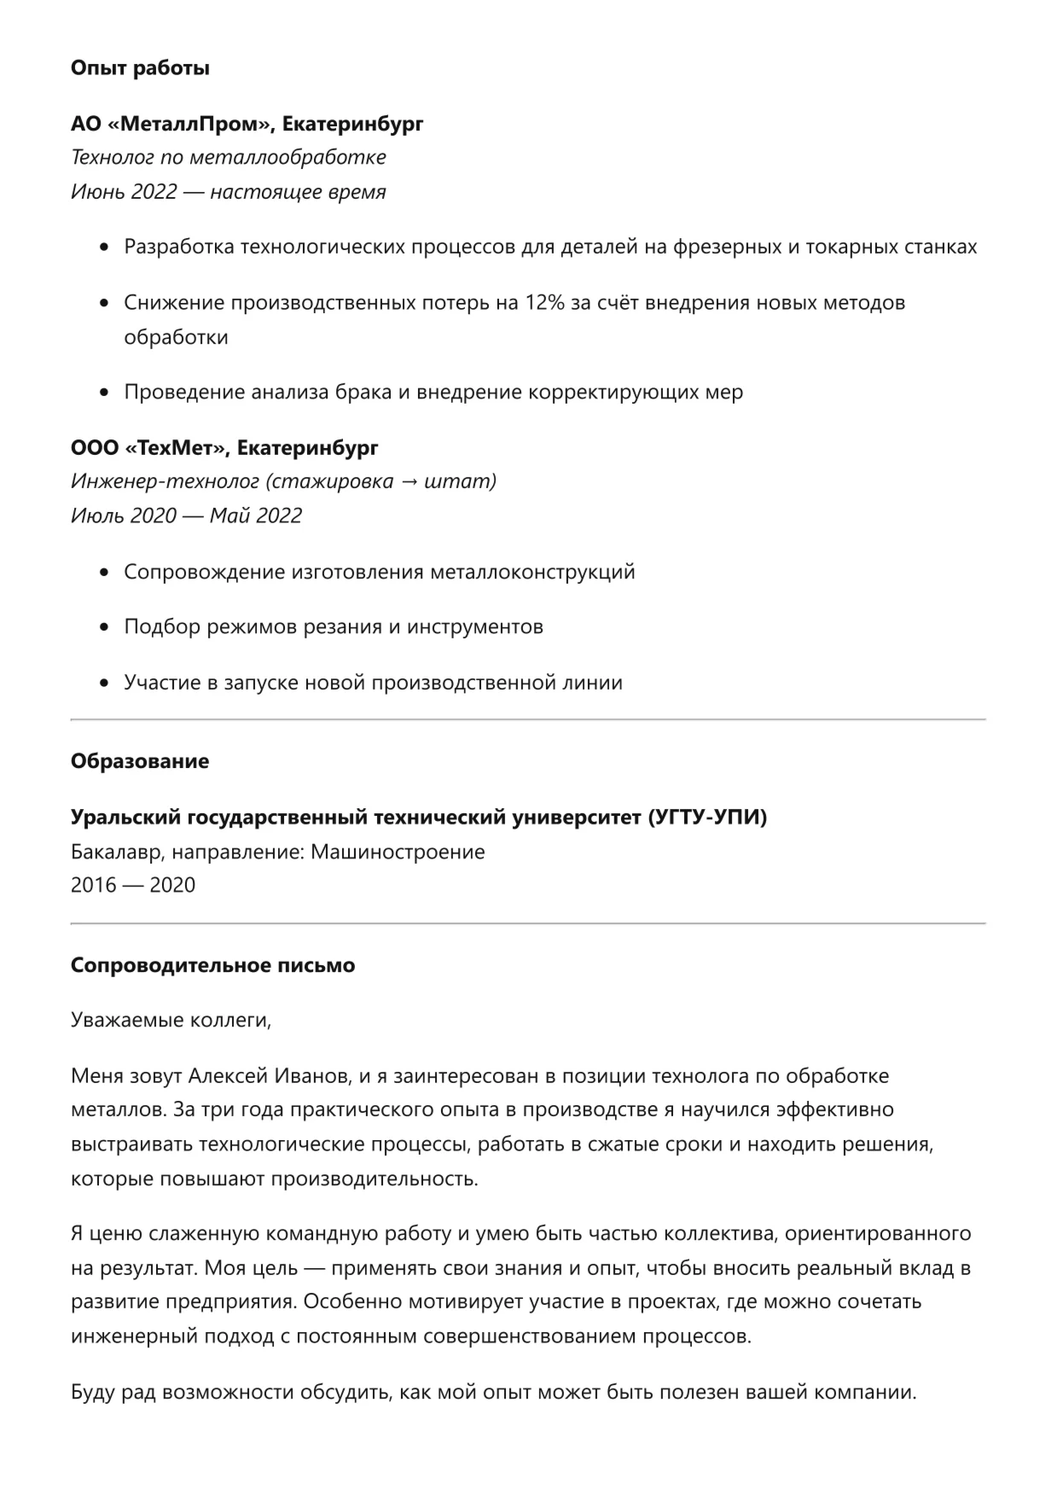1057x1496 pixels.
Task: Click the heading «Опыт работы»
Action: click(140, 68)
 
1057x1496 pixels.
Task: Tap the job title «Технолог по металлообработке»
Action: click(229, 158)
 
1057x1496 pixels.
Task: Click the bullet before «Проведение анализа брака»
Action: click(104, 393)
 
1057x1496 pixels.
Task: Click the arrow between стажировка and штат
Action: click(409, 482)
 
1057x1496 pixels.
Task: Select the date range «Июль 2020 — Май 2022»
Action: click(186, 516)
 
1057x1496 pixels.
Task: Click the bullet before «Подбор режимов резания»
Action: click(104, 628)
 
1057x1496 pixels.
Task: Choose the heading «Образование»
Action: click(140, 761)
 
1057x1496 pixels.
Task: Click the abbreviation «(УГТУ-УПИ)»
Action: click(707, 818)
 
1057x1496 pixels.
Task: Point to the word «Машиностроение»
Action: click(398, 852)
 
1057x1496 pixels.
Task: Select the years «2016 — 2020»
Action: click(133, 885)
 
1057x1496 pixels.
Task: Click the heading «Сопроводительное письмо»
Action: click(212, 966)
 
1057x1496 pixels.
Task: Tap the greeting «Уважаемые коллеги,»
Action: click(171, 1020)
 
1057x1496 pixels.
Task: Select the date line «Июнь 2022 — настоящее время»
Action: click(229, 192)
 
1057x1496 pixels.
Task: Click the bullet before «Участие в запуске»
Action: click(104, 684)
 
